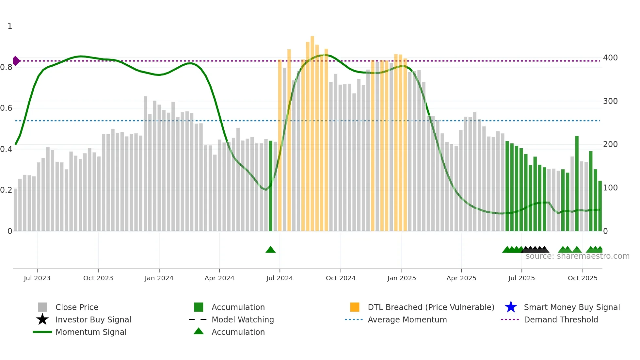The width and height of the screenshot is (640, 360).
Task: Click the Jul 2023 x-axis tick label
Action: tap(37, 278)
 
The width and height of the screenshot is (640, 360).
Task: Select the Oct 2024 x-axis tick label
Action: tap(341, 278)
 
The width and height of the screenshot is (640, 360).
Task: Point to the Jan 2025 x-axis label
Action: tap(402, 278)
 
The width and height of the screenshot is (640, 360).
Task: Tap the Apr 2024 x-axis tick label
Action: tap(219, 278)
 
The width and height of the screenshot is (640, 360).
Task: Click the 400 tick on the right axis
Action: tap(610, 58)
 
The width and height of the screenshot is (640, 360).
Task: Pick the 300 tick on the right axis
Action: tap(610, 101)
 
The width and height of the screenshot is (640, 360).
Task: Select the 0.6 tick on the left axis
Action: tap(7, 108)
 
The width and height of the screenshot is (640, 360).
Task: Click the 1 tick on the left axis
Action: tap(10, 26)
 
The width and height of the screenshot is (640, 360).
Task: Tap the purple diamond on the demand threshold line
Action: tap(16, 61)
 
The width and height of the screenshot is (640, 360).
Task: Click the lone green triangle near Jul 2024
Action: tap(271, 250)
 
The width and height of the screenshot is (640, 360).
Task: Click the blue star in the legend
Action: tap(511, 307)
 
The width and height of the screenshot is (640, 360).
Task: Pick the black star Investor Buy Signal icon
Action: tap(42, 319)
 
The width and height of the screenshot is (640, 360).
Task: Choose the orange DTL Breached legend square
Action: tap(355, 307)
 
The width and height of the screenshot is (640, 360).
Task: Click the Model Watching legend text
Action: tap(243, 319)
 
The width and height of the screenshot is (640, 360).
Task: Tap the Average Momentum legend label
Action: tap(407, 319)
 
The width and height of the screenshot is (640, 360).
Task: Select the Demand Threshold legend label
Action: tap(561, 319)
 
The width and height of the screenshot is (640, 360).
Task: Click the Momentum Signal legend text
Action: tap(91, 332)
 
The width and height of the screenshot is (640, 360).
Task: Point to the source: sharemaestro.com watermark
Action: tap(577, 256)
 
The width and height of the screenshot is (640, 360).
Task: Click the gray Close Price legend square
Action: tap(42, 307)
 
